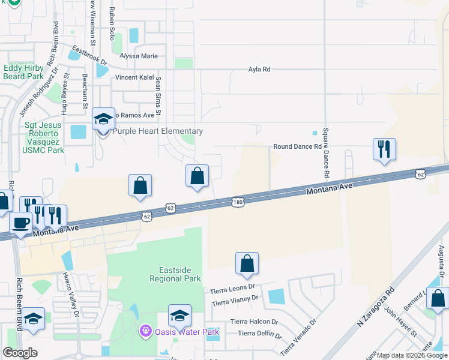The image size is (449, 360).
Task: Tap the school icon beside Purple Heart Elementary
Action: click(103, 119)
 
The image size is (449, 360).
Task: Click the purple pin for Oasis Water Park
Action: click(145, 331)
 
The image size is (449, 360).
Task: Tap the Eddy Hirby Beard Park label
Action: click(23, 73)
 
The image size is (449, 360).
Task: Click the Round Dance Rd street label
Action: click(297, 146)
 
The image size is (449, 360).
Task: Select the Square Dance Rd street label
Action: click(325, 152)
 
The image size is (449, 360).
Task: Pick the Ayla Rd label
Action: click(259, 70)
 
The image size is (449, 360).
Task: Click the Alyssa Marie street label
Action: click(139, 56)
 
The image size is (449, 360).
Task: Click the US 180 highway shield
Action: click(238, 203)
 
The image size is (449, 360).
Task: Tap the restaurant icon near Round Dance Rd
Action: click(384, 149)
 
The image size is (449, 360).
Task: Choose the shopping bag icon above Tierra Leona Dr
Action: click(247, 263)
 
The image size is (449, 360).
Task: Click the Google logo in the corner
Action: click(20, 353)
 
